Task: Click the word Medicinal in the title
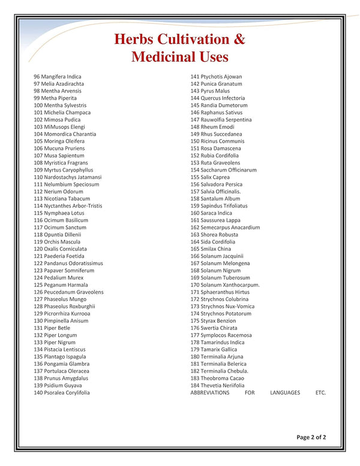[163, 58]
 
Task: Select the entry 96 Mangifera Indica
[58, 77]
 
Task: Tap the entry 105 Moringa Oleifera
[60, 142]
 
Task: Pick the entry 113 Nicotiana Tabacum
[62, 199]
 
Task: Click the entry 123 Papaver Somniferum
[64, 270]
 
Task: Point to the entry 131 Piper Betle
[52, 328]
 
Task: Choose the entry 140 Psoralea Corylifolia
[62, 393]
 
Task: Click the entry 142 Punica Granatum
[217, 84]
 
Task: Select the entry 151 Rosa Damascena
[216, 149]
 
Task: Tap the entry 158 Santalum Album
[215, 199]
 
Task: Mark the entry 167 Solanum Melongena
[221, 263]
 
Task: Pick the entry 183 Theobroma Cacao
[217, 378]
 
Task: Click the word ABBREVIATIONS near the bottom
[210, 393]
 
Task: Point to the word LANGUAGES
[284, 393]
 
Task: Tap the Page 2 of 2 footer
[311, 437]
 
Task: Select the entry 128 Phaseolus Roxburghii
[64, 306]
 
